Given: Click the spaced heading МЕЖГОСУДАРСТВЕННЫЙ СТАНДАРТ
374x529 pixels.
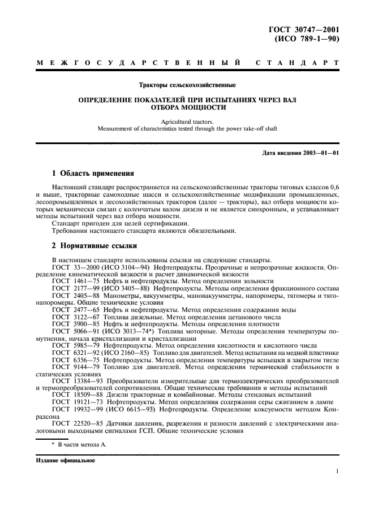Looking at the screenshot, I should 187,63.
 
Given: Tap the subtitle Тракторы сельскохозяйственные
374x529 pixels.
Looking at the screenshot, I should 187,86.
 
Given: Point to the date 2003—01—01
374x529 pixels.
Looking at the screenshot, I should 321,153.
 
